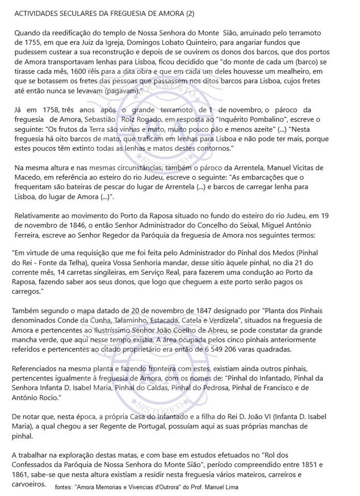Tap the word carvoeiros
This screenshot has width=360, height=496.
click(x=29, y=484)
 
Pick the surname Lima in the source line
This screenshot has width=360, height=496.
click(x=230, y=487)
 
